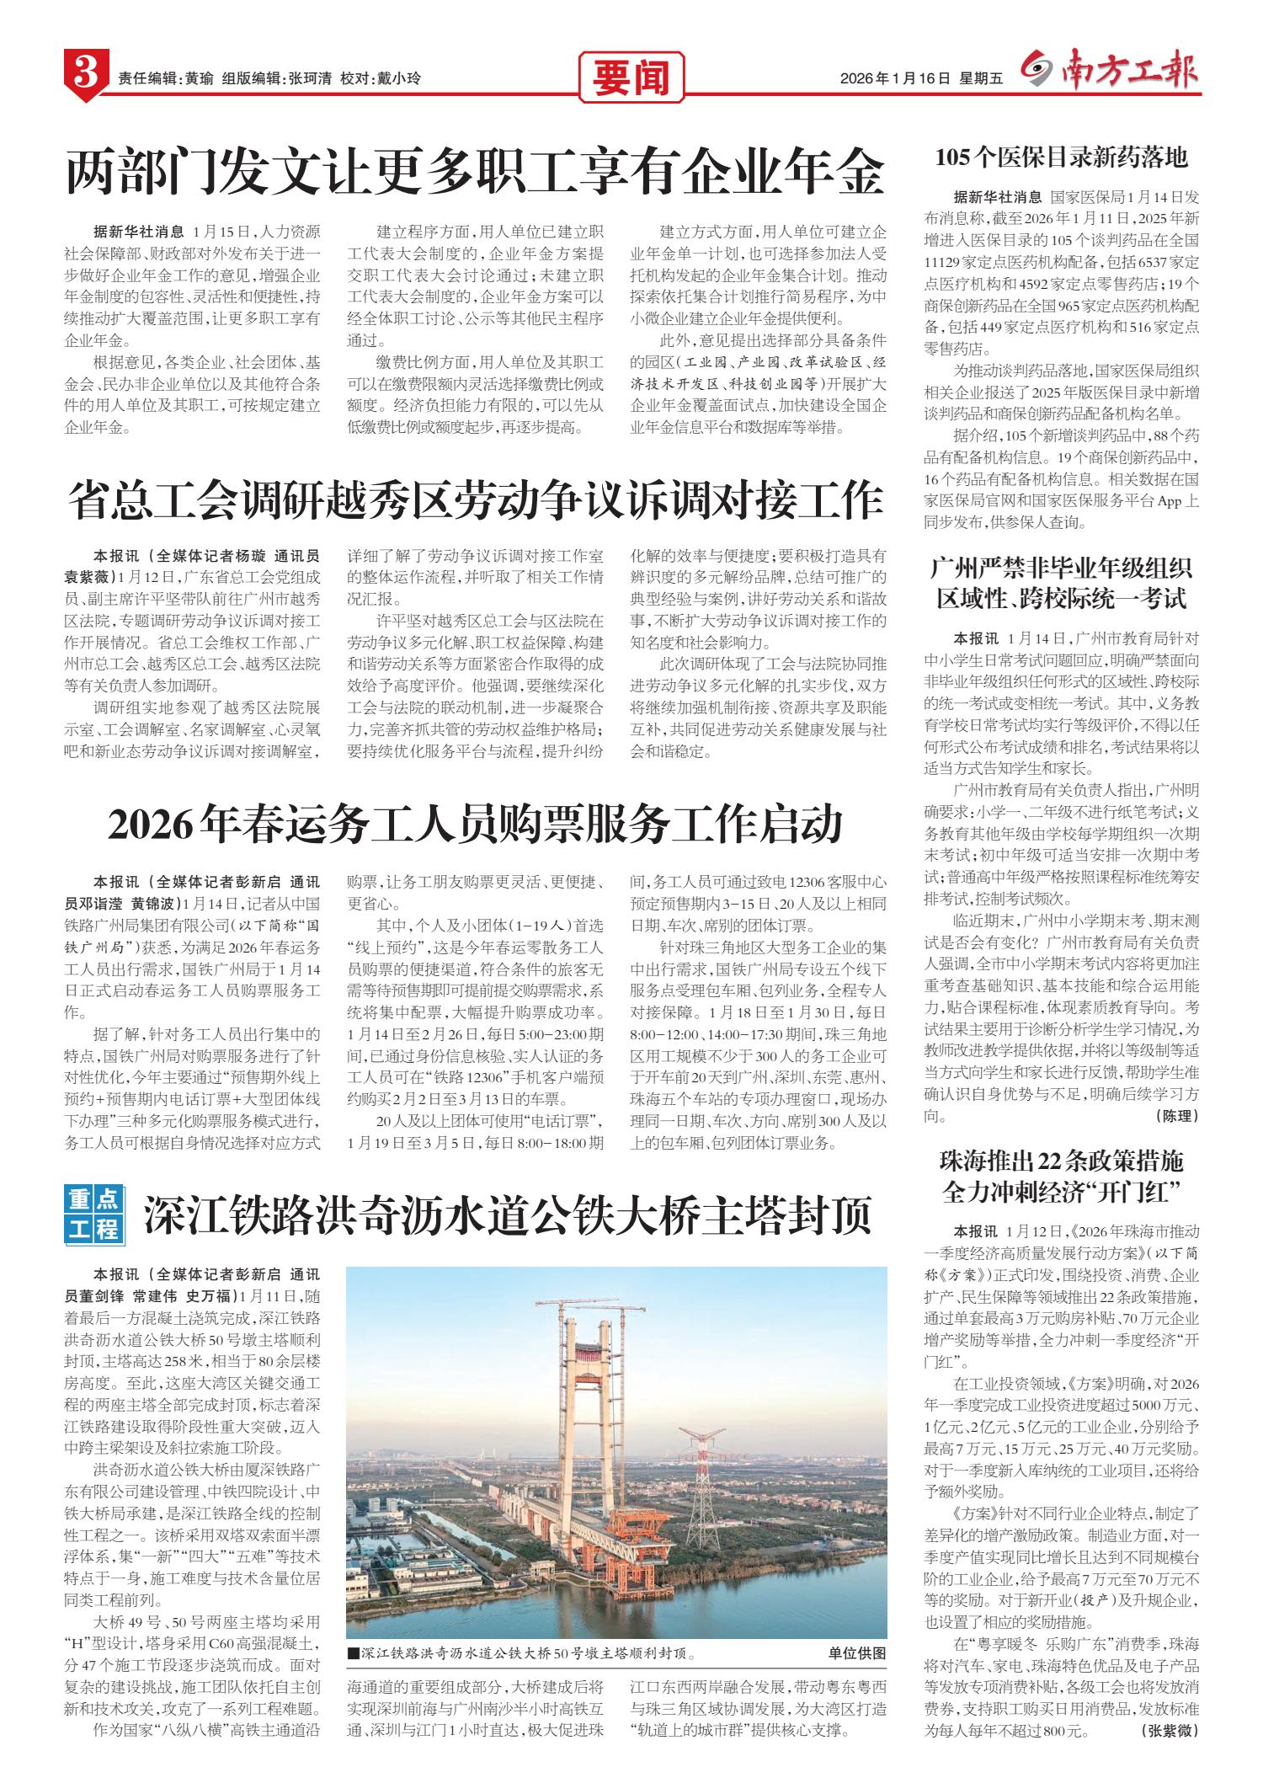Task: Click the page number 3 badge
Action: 85,76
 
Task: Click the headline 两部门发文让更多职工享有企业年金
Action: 476,173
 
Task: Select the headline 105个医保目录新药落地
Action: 1062,157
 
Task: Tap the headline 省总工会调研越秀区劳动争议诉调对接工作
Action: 476,501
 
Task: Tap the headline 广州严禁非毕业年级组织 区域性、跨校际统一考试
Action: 1062,584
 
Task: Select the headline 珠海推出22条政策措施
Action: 1062,1162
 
